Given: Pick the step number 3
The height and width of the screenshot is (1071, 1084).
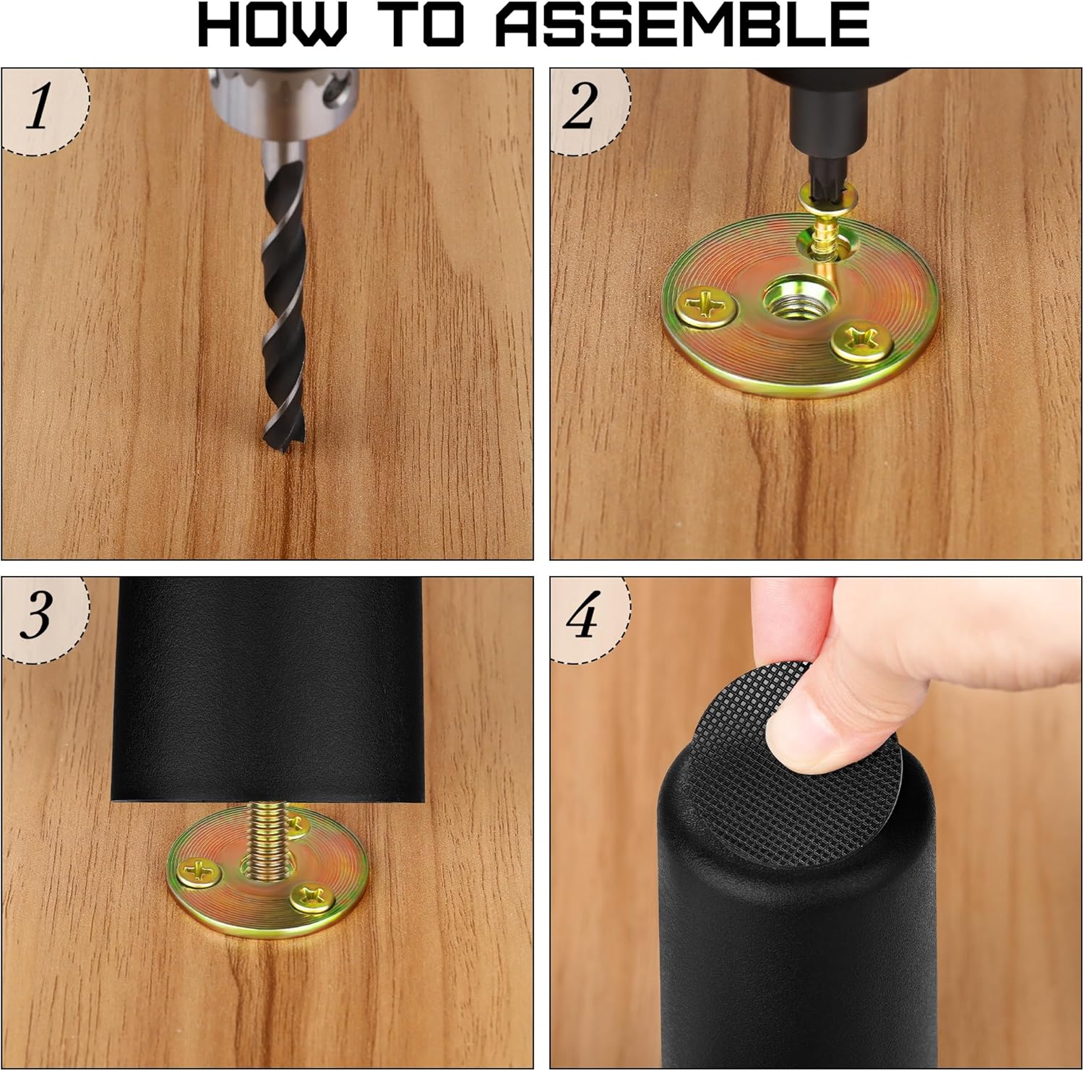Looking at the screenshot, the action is tap(37, 615).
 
